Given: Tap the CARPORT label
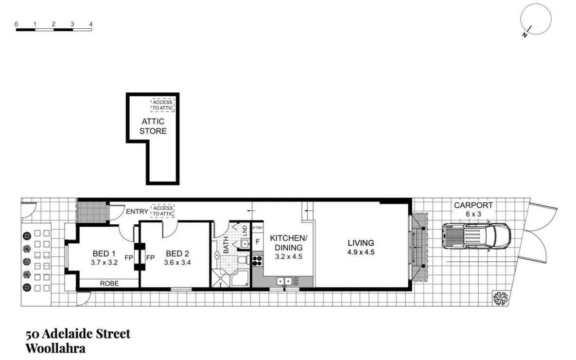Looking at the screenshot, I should (473, 205).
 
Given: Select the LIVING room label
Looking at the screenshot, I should (360, 243).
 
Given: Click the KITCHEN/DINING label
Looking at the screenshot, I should (289, 243).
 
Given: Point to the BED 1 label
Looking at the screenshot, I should (104, 253).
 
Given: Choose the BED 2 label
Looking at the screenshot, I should (177, 253).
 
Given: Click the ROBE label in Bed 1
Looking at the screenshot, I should (109, 283).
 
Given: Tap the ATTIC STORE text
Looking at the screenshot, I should (153, 126).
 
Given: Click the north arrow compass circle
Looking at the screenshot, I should (536, 19).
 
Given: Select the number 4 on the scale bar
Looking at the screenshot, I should (91, 24).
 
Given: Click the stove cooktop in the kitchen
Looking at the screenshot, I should (257, 260).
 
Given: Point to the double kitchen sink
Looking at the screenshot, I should (284, 281).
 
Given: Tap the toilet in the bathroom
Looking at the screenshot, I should (243, 261).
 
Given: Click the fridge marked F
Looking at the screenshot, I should (257, 241).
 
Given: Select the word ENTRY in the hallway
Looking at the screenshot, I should (137, 212).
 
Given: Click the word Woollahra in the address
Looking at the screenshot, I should (55, 348).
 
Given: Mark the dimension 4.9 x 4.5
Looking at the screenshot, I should (360, 252).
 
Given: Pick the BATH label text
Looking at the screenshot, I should (226, 245).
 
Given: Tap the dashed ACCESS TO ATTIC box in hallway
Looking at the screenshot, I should (162, 211).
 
